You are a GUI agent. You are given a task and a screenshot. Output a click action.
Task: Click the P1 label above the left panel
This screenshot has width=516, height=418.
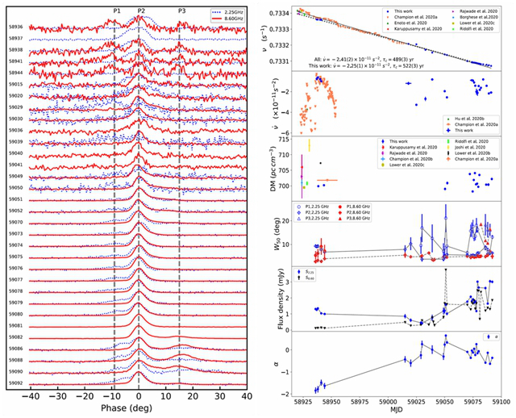118,9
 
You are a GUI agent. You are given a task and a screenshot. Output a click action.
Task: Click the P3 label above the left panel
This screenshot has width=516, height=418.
181,9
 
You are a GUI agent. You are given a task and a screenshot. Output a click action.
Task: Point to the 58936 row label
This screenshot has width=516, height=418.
15,27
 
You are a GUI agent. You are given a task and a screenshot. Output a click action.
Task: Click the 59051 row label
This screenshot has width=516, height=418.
15,199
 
